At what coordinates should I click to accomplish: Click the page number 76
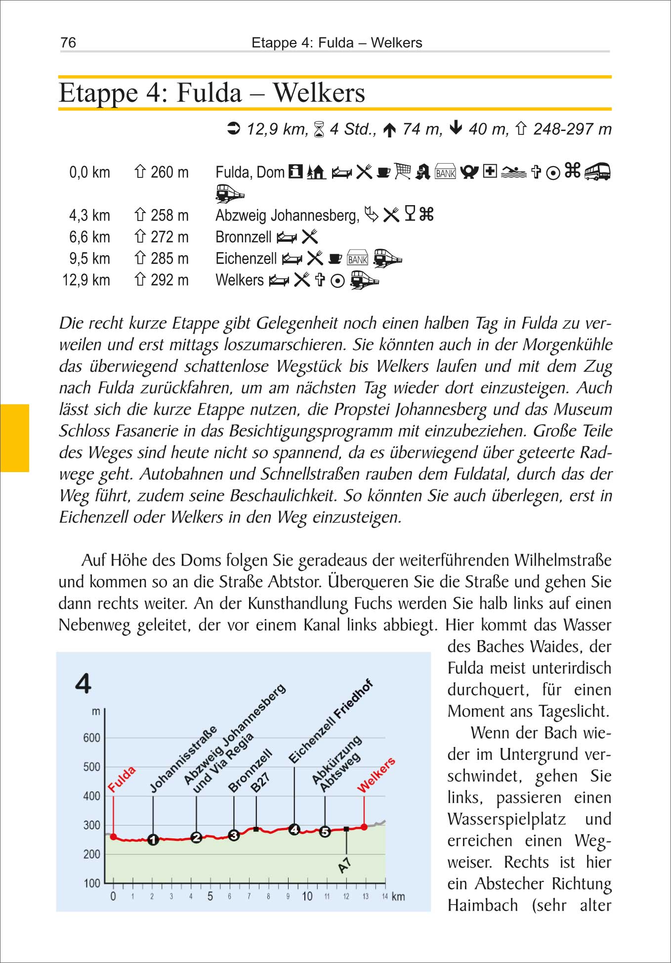[x=68, y=43]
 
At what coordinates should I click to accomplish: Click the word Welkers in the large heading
[x=319, y=93]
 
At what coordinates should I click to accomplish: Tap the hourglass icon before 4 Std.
[x=319, y=130]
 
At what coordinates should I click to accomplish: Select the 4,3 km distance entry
[x=89, y=216]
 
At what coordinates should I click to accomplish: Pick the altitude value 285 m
[x=169, y=259]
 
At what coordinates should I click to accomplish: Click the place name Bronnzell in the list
[x=244, y=237]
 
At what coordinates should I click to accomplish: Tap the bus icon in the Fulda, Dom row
[x=597, y=172]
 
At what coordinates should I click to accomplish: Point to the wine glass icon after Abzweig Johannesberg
[x=410, y=215]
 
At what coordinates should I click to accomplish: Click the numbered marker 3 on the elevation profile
[x=234, y=835]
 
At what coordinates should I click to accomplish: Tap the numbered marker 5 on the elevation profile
[x=325, y=832]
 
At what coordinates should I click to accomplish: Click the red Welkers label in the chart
[x=377, y=775]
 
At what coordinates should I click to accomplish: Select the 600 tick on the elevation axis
[x=91, y=738]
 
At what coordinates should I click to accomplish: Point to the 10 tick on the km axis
[x=307, y=896]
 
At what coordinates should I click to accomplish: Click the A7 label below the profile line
[x=344, y=865]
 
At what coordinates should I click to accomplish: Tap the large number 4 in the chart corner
[x=83, y=684]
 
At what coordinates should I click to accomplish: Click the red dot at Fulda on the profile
[x=114, y=837]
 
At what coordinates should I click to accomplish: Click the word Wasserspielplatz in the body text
[x=506, y=819]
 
